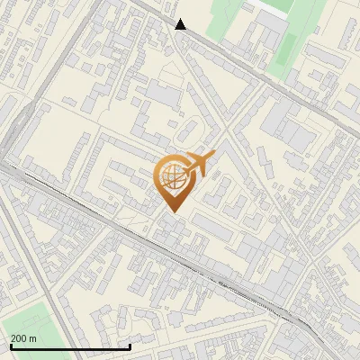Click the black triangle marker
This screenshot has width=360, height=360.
(181, 24)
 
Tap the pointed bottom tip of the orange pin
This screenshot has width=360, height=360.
(171, 212)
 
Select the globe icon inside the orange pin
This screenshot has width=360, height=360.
(171, 177)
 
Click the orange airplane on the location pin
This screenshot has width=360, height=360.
(198, 164)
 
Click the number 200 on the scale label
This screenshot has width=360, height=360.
(20, 337)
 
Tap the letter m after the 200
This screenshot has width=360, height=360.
(33, 337)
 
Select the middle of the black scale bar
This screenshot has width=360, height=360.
(70, 346)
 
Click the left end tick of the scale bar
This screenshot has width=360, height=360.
(10, 346)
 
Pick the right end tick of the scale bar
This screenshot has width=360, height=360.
(130, 346)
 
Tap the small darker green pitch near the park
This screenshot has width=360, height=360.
(289, 45)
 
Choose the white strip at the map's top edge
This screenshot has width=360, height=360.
(270, 4)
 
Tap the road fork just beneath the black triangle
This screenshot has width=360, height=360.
(177, 41)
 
